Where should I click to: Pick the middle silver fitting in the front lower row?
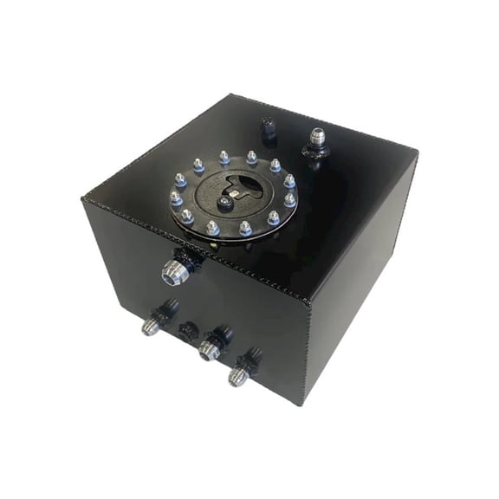[208, 349]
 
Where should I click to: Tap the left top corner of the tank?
[84, 198]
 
